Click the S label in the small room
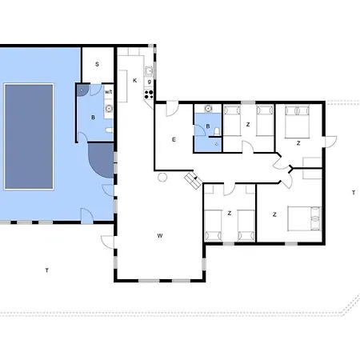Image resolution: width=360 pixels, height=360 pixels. point(97,64)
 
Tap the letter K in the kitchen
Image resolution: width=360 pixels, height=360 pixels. point(135,81)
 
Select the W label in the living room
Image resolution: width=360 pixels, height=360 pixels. point(160,236)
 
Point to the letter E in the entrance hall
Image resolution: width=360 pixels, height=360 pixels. point(174,139)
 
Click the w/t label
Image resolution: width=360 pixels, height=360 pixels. point(108,92)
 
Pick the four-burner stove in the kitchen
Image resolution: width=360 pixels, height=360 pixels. point(149,94)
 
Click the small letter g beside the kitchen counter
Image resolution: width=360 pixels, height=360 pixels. point(150,82)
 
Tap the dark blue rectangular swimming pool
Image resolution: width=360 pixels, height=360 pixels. point(29,137)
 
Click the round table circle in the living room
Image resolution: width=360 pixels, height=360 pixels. point(162,178)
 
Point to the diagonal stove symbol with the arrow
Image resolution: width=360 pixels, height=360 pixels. point(194,180)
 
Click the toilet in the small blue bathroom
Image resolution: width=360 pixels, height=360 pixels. point(217,131)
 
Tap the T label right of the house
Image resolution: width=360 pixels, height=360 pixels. point(354,193)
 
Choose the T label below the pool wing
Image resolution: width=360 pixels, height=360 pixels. point(47,270)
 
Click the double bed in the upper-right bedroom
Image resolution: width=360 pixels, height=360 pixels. point(297,122)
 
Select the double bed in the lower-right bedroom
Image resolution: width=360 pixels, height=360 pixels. point(304,218)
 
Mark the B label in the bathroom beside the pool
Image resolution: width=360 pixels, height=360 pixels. point(93,118)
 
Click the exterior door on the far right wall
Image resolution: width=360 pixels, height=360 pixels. point(330,142)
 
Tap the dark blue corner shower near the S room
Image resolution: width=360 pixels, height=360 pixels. point(82,90)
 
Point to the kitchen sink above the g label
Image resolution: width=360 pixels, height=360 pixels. point(149,71)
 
